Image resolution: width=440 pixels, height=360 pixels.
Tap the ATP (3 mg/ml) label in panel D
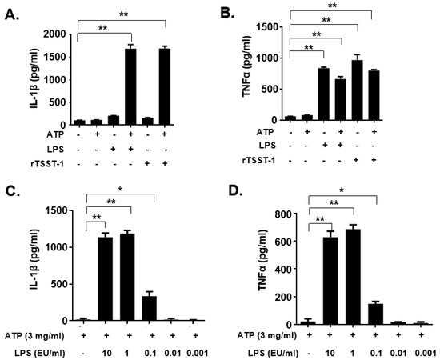(x=254, y=337)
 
